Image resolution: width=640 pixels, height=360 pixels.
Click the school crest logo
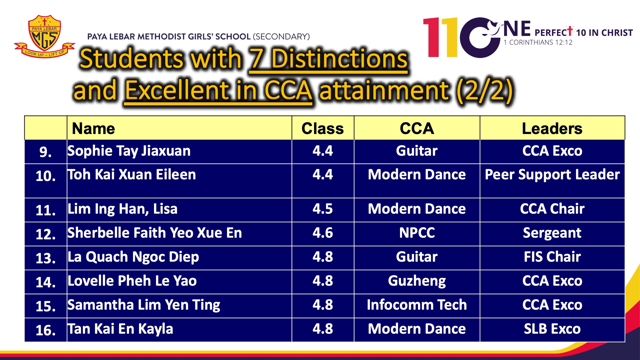(45, 36)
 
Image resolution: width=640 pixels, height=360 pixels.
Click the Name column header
(93, 128)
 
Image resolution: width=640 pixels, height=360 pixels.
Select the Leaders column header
(552, 128)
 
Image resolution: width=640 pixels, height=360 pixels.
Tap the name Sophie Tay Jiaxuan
(129, 151)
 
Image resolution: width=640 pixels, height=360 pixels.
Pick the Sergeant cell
(552, 233)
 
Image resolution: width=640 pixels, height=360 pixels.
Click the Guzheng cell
(417, 281)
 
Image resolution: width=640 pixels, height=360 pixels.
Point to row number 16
(45, 330)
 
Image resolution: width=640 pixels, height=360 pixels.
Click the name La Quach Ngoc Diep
(133, 257)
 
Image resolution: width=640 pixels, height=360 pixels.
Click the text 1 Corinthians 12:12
(538, 42)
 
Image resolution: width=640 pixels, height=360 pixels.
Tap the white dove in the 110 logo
(490, 28)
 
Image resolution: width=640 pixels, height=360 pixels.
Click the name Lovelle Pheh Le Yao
(132, 281)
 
